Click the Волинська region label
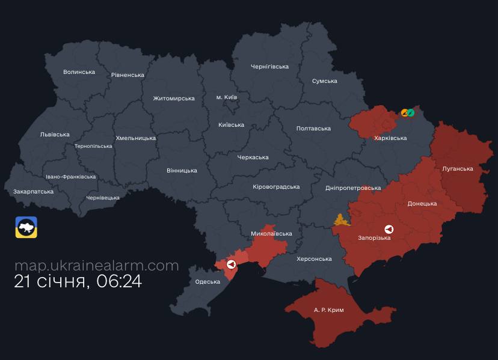79,72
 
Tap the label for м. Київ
227,97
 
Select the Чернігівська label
269,67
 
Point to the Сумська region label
324,81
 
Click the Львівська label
54,135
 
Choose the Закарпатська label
33,192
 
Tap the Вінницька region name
182,171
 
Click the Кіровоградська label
276,187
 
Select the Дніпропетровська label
352,188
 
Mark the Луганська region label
457,169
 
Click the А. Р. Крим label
328,310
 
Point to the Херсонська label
314,259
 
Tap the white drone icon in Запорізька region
389,229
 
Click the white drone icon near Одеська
231,264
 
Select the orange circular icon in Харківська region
405,112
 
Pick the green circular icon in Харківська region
411,112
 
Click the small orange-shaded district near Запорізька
341,221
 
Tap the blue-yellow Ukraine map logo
26,227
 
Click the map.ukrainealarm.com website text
96,266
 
